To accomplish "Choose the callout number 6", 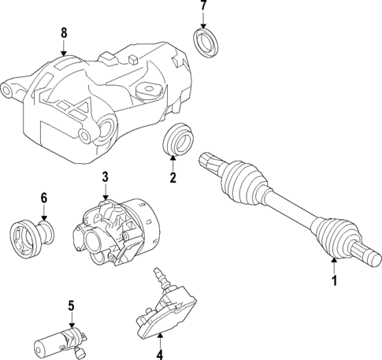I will click(44, 199).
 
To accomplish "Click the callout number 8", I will click(65, 33).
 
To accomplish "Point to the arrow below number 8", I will click(65, 49).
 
